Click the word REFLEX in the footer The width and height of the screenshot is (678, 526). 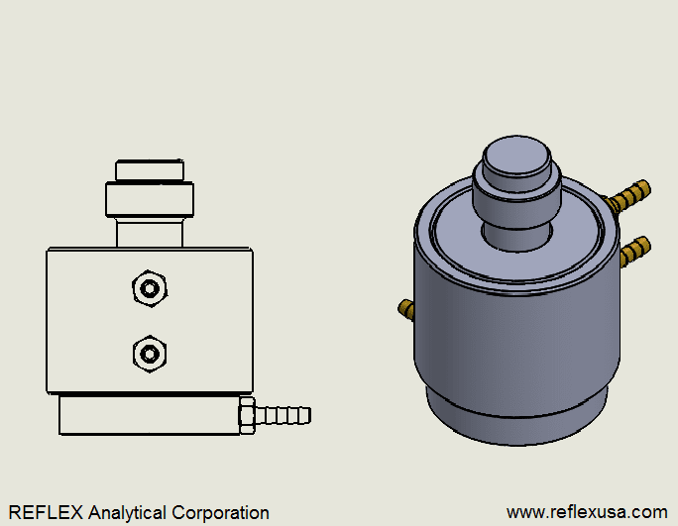click(x=46, y=512)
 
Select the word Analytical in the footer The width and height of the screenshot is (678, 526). click(x=127, y=513)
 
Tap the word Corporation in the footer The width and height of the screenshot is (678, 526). click(x=220, y=513)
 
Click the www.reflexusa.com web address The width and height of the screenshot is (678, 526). click(x=587, y=512)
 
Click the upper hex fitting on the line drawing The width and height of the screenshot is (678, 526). click(x=150, y=288)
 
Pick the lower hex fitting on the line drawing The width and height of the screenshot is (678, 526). click(x=150, y=354)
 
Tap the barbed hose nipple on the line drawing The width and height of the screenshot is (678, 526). click(x=282, y=415)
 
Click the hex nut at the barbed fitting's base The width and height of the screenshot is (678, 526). click(x=247, y=415)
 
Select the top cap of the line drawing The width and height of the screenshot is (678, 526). click(x=150, y=170)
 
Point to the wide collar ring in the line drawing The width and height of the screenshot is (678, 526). click(x=150, y=199)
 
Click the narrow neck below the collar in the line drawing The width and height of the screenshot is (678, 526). click(x=150, y=233)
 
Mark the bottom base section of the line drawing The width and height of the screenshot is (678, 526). click(x=149, y=415)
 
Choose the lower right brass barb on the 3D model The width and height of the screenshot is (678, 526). click(x=635, y=251)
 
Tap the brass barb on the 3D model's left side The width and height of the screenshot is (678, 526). click(x=405, y=309)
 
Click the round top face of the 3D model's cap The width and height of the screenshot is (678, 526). click(x=517, y=154)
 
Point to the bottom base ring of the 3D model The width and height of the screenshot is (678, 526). click(x=516, y=426)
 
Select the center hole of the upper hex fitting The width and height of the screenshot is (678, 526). click(x=150, y=288)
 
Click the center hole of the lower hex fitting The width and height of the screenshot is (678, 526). click(x=150, y=354)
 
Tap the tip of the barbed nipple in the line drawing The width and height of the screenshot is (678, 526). click(x=310, y=415)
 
